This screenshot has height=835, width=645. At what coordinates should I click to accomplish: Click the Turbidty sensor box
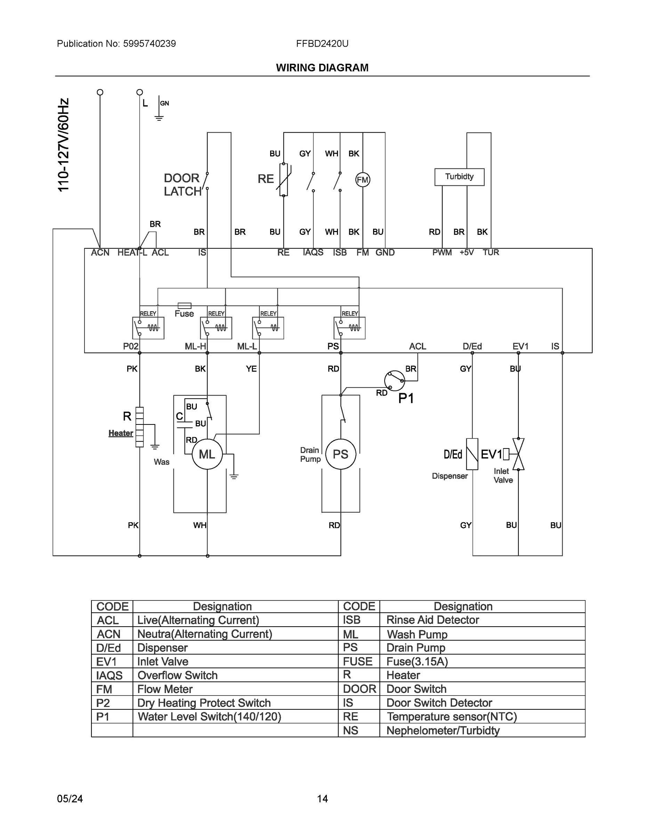coord(459,177)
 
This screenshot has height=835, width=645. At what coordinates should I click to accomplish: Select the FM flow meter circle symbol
coord(362,180)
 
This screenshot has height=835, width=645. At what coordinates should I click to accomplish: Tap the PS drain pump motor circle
coord(340,454)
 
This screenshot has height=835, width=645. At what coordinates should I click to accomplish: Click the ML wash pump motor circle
coord(207,454)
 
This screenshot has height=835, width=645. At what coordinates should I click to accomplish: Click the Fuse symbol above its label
coord(185,305)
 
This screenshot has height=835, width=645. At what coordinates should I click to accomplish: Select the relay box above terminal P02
coord(148,328)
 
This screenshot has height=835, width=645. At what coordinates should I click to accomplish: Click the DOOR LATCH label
coord(182,185)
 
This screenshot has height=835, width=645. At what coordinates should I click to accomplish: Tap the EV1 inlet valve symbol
coord(518,454)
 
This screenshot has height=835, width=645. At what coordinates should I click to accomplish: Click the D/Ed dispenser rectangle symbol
coord(472,454)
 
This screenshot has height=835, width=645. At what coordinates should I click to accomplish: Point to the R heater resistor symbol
coord(139,427)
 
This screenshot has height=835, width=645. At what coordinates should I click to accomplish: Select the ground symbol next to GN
coord(159,117)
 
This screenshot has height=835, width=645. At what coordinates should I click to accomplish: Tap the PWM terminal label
coord(442,253)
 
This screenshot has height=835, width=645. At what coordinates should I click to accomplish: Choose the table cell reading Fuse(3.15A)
coord(417,661)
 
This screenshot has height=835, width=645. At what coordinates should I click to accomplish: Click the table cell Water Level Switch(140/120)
coord(209,716)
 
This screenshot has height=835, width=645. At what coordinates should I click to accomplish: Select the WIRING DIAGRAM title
coord(322,68)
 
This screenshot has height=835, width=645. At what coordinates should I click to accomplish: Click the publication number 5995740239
coord(150,43)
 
